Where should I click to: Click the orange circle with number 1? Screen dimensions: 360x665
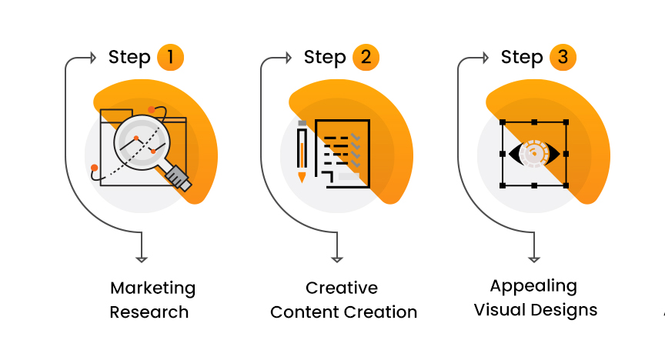[171, 57]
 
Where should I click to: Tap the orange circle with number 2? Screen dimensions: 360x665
[366, 57]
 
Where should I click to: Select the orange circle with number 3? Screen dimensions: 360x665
[563, 57]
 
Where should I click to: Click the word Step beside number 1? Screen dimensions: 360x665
[129, 58]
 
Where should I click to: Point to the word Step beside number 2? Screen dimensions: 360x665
[325, 58]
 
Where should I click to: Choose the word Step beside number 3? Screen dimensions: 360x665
[522, 58]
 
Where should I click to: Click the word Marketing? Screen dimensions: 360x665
[152, 288]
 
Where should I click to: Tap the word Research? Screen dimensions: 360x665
[149, 312]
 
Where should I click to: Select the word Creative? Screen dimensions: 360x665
[342, 288]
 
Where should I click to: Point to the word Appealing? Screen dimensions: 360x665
[533, 286]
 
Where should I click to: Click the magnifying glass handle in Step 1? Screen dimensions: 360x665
[178, 177]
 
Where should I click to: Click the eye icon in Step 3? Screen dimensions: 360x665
[534, 153]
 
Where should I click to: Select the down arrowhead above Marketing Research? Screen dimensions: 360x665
[141, 258]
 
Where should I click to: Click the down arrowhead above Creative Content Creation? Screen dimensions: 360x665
[336, 258]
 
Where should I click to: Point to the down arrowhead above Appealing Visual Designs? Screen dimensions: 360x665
[533, 258]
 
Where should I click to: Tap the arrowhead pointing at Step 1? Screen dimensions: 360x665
[92, 58]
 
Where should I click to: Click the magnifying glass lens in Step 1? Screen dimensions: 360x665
[143, 141]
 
